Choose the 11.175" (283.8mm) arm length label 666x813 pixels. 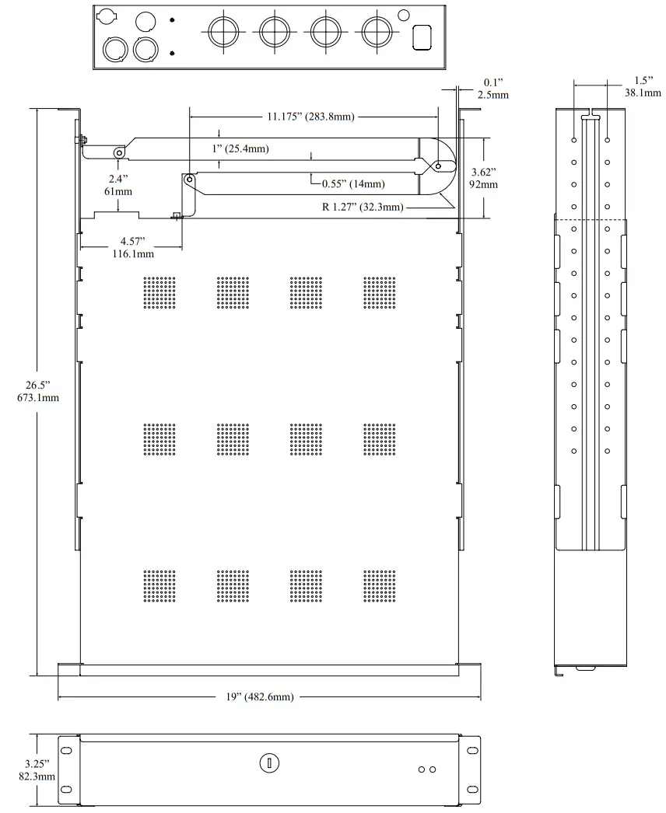click(310, 117)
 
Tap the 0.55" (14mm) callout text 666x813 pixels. click(353, 184)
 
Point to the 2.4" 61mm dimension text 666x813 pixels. click(117, 184)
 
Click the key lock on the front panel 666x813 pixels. click(268, 762)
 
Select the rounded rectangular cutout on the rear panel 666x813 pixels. click(421, 37)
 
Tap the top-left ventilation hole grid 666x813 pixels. click(159, 293)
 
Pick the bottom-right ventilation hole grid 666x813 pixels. click(379, 587)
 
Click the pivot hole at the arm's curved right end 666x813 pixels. click(438, 166)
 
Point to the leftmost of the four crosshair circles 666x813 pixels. click(222, 31)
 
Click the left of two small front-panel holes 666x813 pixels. click(422, 769)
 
